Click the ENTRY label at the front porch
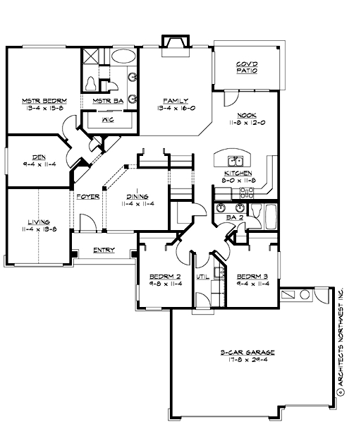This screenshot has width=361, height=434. (103, 250)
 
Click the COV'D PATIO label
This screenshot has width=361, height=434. (246, 68)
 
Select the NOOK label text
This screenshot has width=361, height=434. (246, 115)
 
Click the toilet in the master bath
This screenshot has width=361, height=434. (90, 84)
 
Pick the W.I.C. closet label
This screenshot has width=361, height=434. (109, 119)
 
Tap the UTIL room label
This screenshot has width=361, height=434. (200, 277)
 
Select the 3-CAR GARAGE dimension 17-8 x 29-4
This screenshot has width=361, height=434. (246, 358)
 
